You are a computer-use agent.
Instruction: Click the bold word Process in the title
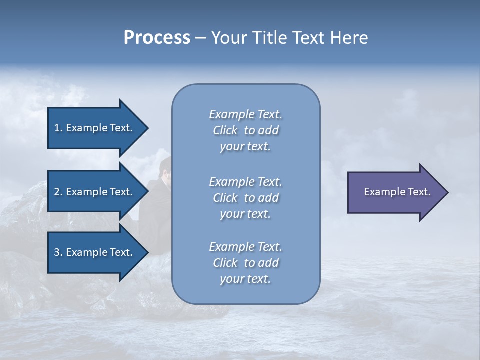pos(157,38)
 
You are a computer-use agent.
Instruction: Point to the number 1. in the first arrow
pos(58,128)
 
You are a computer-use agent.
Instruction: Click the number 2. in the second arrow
pos(58,192)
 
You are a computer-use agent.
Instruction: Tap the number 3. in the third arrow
pos(58,252)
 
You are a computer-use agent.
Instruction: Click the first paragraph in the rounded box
pos(245,130)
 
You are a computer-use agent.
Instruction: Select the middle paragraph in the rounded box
pos(245,198)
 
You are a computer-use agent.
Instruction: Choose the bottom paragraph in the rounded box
pos(245,263)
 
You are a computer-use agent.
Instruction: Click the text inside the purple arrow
pos(397,192)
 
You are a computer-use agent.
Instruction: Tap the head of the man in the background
pos(165,167)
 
